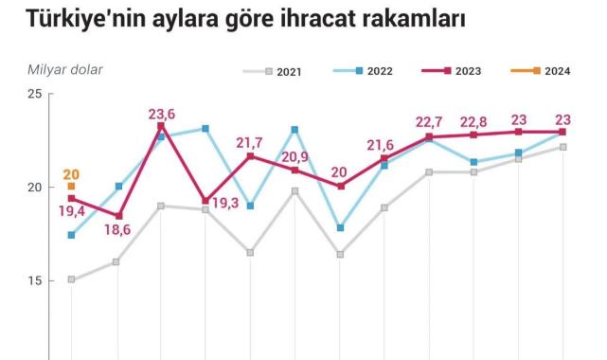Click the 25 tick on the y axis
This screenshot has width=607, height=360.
pos(34,94)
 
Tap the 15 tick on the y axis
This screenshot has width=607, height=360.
pos(34,281)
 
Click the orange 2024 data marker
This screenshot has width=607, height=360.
pos(71,187)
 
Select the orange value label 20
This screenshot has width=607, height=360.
pos(72,174)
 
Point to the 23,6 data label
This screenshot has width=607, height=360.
pos(162,114)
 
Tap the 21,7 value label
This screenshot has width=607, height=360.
pos(250,143)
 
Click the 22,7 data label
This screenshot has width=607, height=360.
pos(429,122)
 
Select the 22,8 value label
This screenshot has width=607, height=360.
pos(474,122)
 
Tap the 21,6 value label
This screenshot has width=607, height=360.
pos(384,144)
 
